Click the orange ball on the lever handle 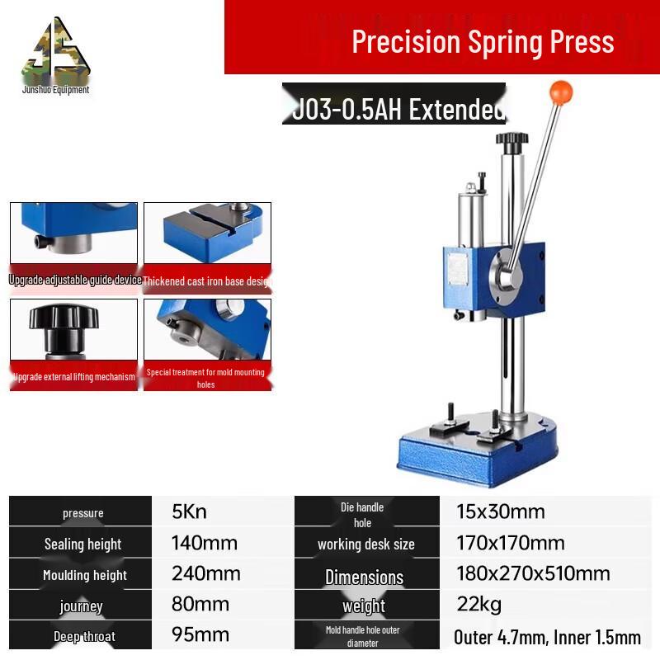click(x=561, y=90)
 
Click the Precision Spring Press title click(x=483, y=41)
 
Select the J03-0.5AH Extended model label click(x=397, y=109)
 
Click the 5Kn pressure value click(x=189, y=511)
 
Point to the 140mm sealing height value click(x=204, y=543)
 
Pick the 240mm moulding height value click(x=205, y=573)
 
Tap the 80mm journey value click(x=200, y=605)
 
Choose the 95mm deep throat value click(x=200, y=635)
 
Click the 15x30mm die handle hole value click(x=500, y=511)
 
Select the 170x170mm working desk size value click(x=510, y=543)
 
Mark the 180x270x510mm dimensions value click(x=533, y=573)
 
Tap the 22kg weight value click(x=478, y=605)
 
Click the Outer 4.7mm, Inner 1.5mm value click(x=547, y=637)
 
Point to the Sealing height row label click(x=82, y=544)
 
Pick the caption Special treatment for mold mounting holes click(x=205, y=378)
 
